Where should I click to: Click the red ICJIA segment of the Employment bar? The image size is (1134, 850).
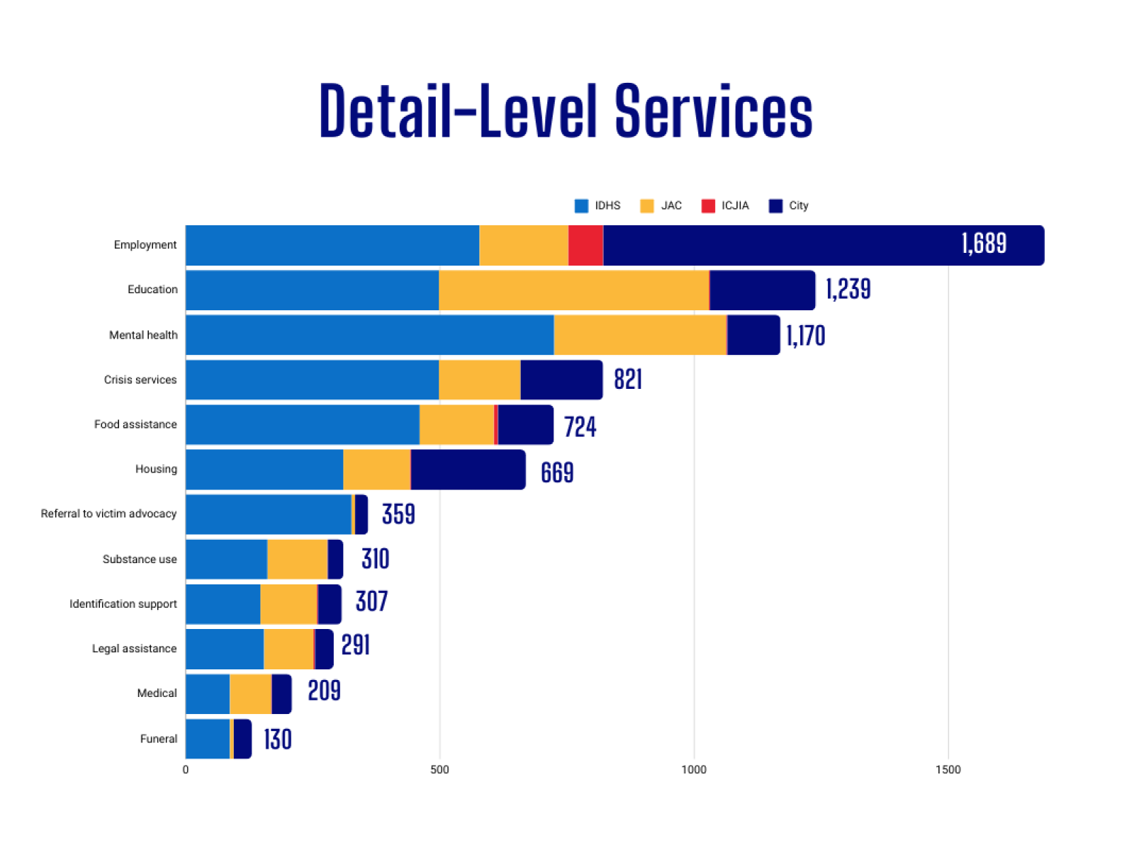click(x=585, y=245)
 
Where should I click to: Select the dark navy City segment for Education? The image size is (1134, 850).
click(x=762, y=290)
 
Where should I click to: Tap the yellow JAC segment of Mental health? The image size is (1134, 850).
click(x=639, y=335)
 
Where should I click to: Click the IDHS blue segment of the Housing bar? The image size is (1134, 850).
click(x=264, y=469)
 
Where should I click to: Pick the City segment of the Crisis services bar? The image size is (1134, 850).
click(x=561, y=380)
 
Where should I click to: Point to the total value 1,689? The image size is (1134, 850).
click(x=984, y=244)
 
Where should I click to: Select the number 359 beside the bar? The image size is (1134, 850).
click(x=398, y=514)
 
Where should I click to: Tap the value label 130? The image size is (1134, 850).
click(x=277, y=739)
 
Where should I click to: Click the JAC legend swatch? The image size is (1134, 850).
click(x=647, y=206)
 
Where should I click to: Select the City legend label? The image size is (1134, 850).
click(x=798, y=206)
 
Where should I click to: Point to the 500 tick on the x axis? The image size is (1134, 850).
click(x=439, y=770)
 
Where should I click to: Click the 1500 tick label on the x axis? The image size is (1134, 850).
click(x=948, y=770)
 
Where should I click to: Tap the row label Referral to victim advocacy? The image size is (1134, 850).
click(x=108, y=514)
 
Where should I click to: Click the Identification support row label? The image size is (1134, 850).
click(x=123, y=603)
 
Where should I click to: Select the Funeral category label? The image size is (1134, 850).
click(x=158, y=739)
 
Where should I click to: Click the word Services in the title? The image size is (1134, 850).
click(x=713, y=112)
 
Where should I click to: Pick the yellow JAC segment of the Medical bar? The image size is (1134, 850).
click(x=250, y=694)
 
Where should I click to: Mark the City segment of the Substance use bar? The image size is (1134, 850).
click(x=335, y=560)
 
